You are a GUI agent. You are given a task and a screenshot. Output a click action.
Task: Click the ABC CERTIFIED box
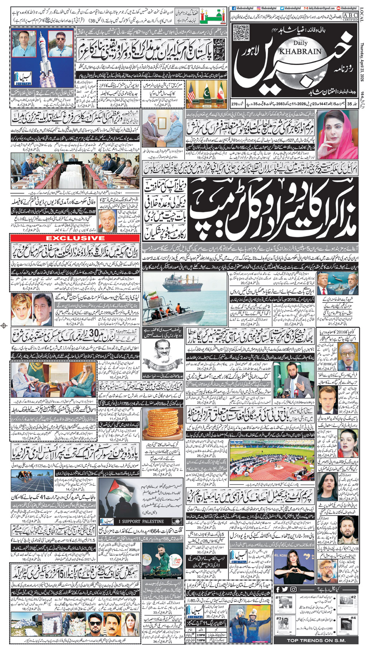click(x=350, y=17)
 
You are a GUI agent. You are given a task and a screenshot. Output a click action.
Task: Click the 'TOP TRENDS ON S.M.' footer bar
click(x=316, y=640)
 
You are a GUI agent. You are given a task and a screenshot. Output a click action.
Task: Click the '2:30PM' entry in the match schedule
click(x=200, y=635)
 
